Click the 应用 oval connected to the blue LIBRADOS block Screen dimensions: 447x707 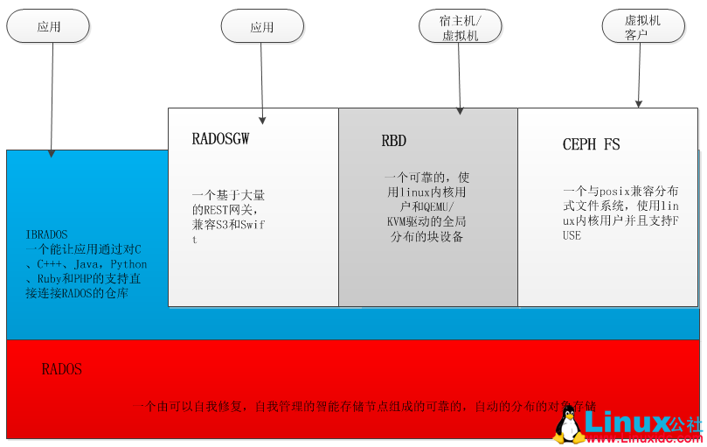48,26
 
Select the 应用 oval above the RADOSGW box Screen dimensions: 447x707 261,26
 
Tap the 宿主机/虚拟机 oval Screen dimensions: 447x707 461,26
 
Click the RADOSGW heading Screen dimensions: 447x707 220,139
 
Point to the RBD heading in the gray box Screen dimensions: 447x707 393,141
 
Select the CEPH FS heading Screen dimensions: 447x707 591,144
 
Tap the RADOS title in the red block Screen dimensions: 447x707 62,369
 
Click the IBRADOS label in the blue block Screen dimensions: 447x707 47,234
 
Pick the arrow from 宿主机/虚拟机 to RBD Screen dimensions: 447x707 460,79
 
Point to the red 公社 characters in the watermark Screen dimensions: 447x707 687,423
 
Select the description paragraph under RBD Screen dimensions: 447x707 426,206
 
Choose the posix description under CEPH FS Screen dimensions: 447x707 620,213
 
